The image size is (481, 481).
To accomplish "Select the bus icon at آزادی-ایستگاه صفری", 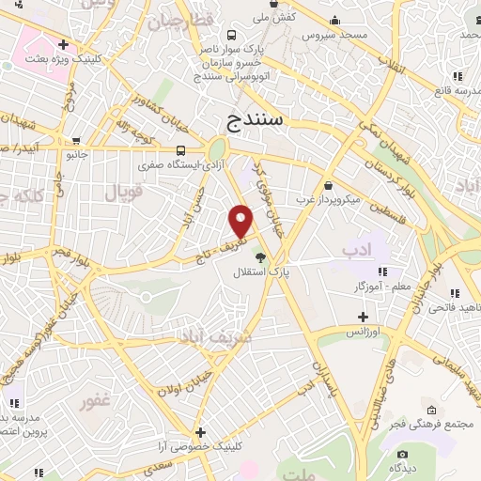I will [179, 150].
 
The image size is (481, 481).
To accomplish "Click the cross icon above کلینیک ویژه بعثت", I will [62, 44].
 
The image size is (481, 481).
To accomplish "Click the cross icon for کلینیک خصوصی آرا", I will [198, 432].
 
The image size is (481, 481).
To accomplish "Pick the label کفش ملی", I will [277, 18].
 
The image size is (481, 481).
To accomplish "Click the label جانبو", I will [75, 152].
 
